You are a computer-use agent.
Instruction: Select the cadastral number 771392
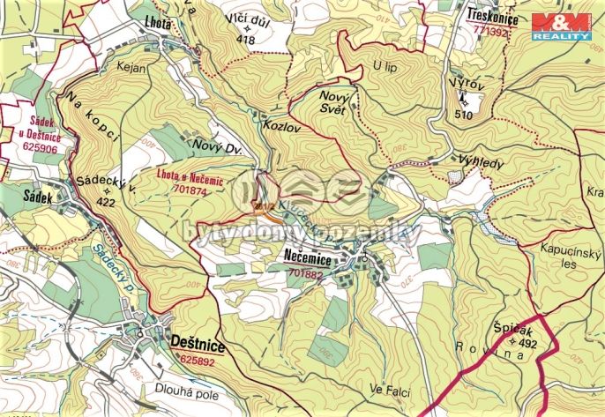(491, 32)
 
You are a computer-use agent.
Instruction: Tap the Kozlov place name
(282, 127)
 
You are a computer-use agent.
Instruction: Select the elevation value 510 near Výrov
(464, 114)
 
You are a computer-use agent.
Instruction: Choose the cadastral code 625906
(31, 149)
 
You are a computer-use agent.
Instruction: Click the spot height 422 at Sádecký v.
(106, 201)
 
